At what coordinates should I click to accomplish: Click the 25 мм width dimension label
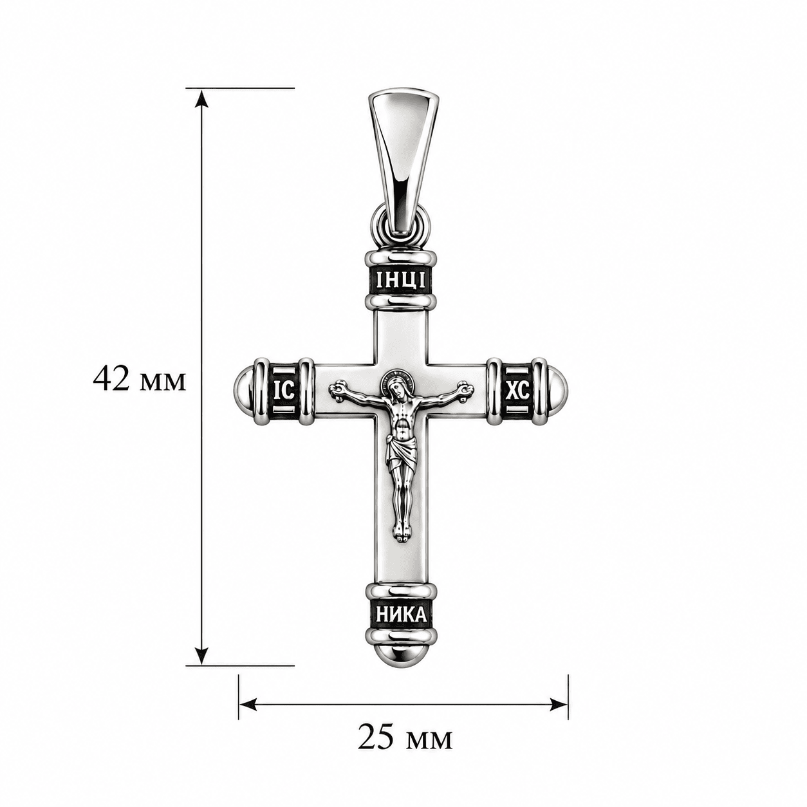pyautogui.click(x=405, y=739)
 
